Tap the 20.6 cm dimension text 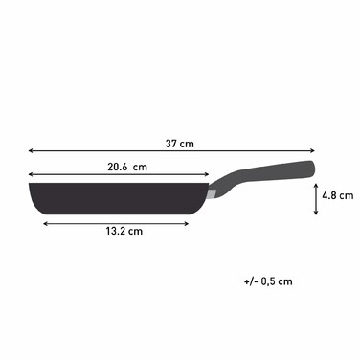click(x=126, y=166)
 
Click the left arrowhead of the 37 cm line click(x=31, y=150)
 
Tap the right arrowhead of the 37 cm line click(x=313, y=150)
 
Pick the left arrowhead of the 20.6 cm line click(x=31, y=174)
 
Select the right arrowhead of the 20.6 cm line click(x=207, y=174)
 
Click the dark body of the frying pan click(x=115, y=195)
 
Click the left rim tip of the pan click(x=31, y=184)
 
